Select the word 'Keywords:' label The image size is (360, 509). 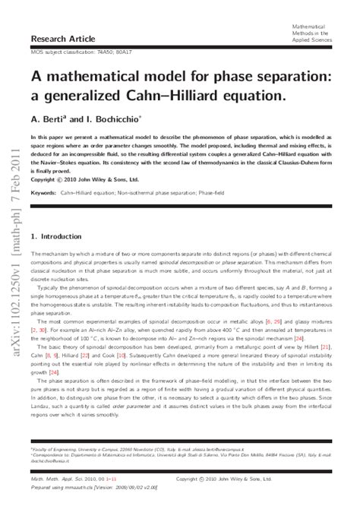point(44,193)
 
